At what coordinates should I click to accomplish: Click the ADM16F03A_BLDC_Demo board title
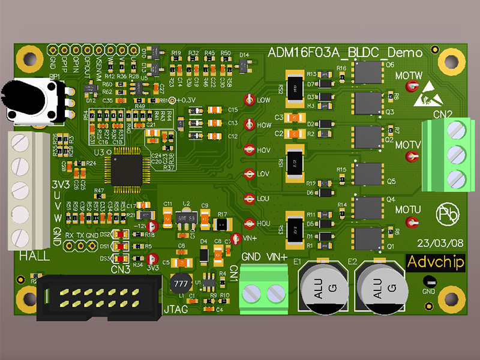345,53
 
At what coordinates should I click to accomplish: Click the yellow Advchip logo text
435,263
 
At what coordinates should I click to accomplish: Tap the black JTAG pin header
98,298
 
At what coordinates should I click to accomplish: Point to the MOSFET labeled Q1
367,238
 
